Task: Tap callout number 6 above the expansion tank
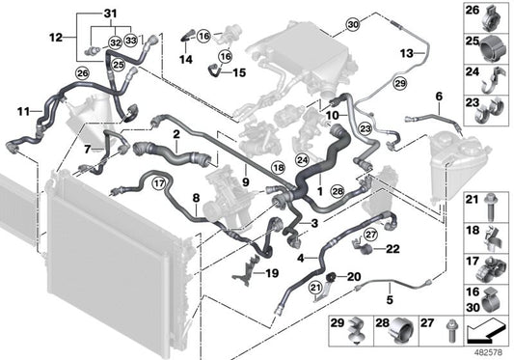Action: pos(439,97)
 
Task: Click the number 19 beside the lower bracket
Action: pos(273,274)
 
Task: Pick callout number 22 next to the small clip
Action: pos(392,250)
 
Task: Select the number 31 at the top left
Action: pos(109,12)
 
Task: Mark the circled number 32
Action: pos(115,43)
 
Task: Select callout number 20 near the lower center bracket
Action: pos(353,275)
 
